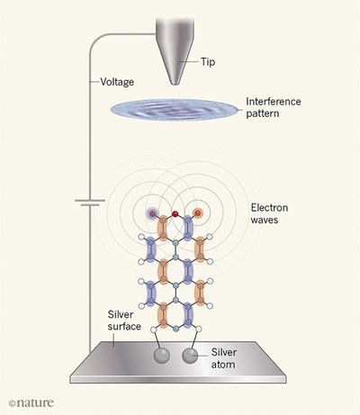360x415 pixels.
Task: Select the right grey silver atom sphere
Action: click(x=190, y=356)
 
